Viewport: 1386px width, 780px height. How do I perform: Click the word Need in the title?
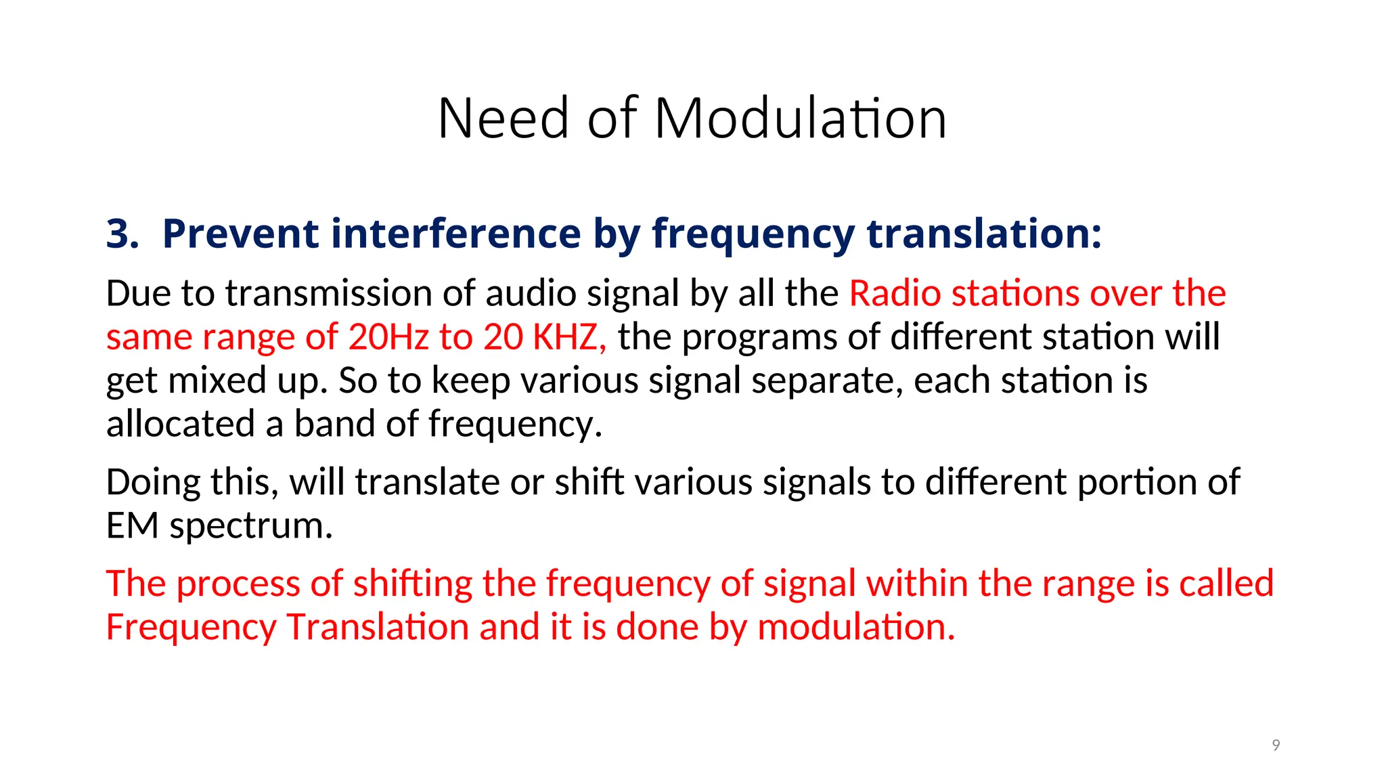503,118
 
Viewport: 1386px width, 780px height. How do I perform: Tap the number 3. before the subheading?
122,234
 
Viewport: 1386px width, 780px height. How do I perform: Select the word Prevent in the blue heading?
240,234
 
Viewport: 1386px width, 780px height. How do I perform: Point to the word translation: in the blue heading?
984,234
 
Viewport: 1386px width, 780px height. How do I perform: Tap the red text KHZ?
569,337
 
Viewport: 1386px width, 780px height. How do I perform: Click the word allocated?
180,424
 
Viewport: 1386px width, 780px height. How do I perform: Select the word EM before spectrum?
132,526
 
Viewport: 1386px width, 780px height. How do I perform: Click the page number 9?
1276,745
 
